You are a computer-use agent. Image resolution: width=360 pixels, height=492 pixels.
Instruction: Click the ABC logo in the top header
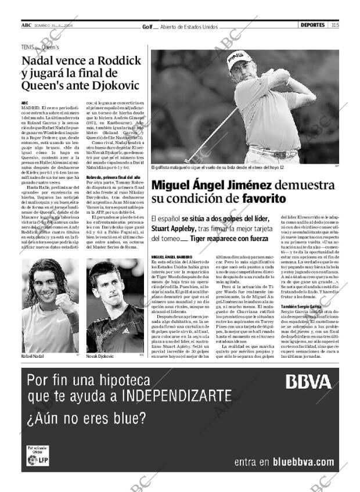coord(26,25)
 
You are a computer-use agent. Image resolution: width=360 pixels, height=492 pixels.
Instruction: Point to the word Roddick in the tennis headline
coord(119,61)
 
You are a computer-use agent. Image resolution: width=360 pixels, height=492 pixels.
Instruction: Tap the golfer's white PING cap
coord(238,59)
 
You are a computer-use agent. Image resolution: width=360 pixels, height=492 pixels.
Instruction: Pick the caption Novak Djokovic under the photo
coord(100,355)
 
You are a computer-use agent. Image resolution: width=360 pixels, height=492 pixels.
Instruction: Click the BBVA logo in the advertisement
coord(308,382)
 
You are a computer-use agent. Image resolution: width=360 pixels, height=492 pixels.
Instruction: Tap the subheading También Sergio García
coord(300,306)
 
